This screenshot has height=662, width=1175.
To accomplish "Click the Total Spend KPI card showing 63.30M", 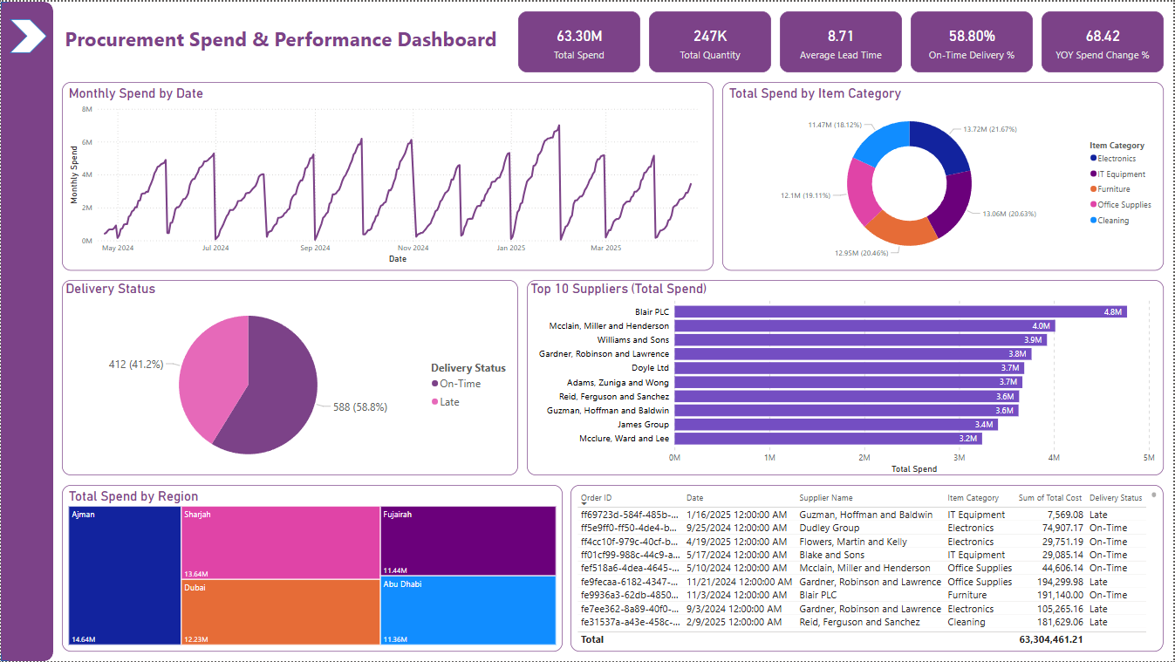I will (578, 42).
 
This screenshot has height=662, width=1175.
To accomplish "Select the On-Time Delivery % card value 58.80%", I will (971, 37).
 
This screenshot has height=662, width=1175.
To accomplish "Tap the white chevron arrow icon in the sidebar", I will (27, 37).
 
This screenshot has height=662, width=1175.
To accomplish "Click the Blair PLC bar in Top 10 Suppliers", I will (899, 311).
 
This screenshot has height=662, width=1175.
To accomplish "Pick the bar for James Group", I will (835, 425).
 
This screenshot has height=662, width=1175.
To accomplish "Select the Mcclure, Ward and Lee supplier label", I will (624, 439).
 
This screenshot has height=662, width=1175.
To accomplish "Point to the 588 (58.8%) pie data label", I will (360, 406).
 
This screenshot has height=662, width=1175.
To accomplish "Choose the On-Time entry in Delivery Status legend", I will (459, 384).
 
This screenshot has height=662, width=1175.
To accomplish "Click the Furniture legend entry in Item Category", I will (1113, 189).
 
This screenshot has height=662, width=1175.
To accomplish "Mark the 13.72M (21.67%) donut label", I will (989, 129).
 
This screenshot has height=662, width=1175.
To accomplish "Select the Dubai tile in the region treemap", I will (280, 611).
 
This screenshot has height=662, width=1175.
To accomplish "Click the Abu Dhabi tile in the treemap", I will (468, 610).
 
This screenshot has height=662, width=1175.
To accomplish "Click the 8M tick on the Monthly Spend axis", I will (86, 109).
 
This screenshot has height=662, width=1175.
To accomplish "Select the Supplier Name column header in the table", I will (825, 498).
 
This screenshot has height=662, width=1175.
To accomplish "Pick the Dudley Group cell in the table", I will (829, 528).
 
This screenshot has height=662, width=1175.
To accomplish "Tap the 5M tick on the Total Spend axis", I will (1148, 457).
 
